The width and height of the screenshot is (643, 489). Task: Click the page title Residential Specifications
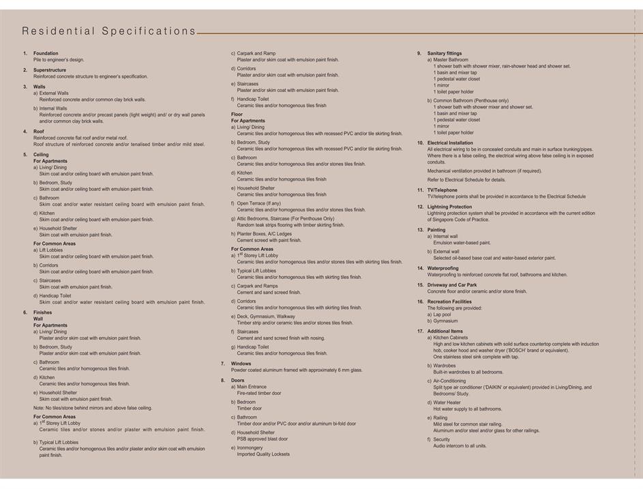click(x=109, y=31)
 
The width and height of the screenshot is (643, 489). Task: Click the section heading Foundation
click(x=46, y=53)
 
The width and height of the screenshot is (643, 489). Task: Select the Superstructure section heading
click(x=50, y=70)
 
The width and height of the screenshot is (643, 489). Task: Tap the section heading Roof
click(x=39, y=131)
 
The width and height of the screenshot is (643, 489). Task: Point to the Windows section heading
click(x=241, y=364)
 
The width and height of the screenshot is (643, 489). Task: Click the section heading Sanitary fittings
click(x=445, y=53)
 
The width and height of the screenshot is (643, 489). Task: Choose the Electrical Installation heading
click(x=450, y=143)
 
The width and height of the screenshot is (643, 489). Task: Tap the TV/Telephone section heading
click(x=443, y=190)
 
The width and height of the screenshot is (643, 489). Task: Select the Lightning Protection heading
click(x=449, y=207)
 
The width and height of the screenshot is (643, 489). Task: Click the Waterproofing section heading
click(x=443, y=268)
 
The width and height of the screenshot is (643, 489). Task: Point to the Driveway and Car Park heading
click(x=452, y=285)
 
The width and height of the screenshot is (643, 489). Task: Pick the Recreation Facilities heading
click(x=449, y=301)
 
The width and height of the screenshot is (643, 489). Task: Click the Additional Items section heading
click(x=445, y=331)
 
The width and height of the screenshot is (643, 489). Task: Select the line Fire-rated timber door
click(x=259, y=394)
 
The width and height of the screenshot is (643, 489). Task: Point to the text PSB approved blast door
click(x=263, y=439)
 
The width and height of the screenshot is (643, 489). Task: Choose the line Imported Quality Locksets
click(x=263, y=454)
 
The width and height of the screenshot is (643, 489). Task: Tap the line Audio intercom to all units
click(x=460, y=446)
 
